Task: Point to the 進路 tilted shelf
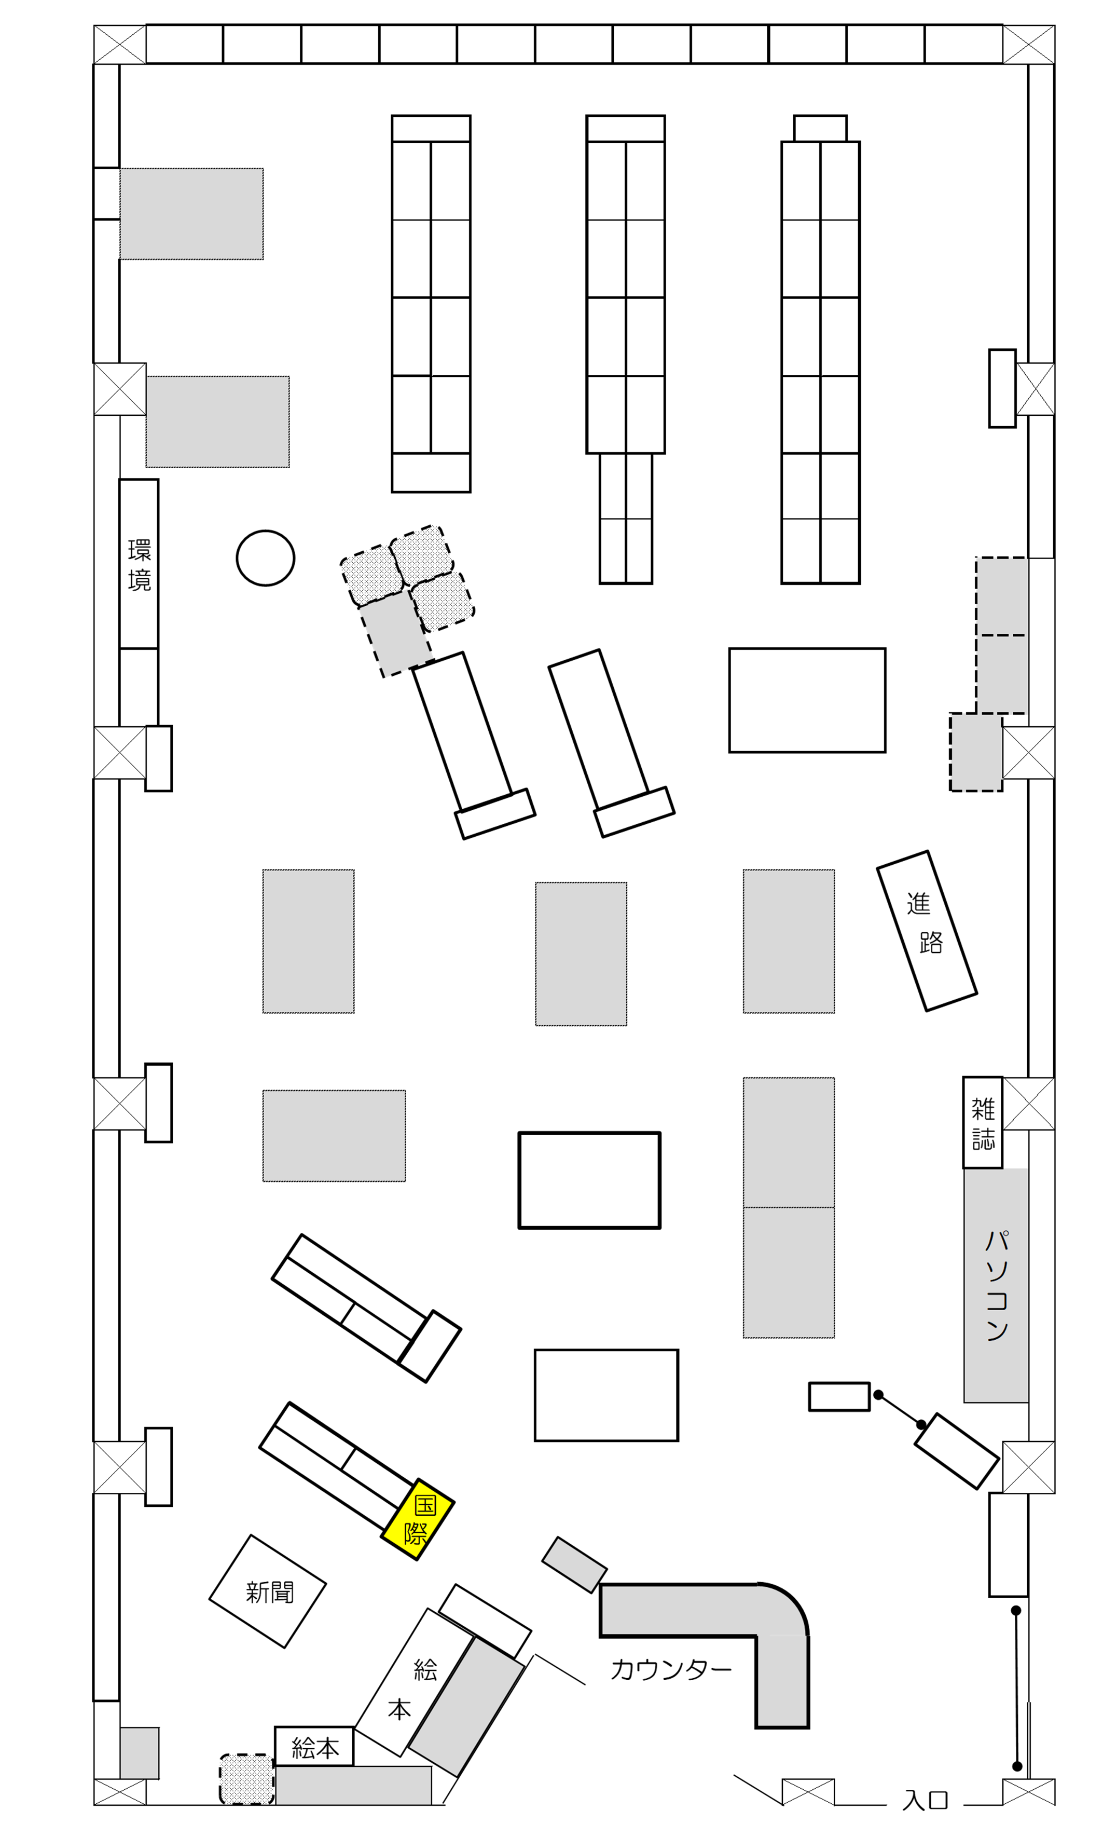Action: point(926,931)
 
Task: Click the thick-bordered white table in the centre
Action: point(589,1180)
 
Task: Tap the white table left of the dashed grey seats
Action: point(807,700)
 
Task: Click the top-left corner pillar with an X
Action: point(120,45)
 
